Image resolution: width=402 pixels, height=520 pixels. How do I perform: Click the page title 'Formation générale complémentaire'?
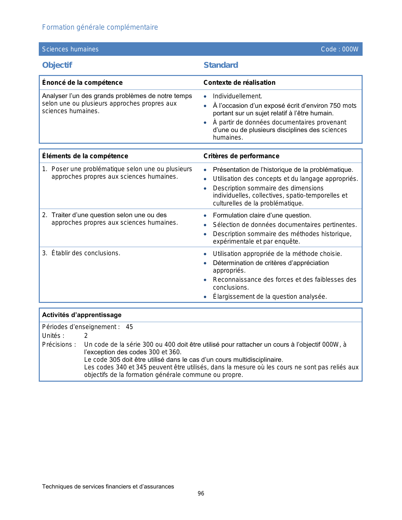tap(100, 27)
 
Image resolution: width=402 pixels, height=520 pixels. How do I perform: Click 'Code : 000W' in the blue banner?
tap(340, 49)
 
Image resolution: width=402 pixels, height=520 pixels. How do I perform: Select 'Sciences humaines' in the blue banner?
tap(70, 49)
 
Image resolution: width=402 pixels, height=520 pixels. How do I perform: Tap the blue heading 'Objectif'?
tap(57, 65)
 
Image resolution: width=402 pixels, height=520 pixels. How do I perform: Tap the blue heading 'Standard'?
tap(221, 65)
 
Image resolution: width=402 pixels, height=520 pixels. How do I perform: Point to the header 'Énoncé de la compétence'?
tap(82, 83)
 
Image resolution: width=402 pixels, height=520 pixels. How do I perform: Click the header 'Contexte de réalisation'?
tap(239, 83)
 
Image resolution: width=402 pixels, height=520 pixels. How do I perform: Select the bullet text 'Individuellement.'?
tap(237, 96)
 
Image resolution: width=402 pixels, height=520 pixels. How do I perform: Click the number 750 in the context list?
tap(335, 106)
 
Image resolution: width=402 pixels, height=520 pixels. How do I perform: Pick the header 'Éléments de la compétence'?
tap(85, 156)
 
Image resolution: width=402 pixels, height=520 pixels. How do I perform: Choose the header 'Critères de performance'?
tap(241, 156)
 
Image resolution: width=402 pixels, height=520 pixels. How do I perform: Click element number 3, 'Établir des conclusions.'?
tap(86, 253)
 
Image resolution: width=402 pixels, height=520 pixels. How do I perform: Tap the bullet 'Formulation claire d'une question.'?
tap(262, 216)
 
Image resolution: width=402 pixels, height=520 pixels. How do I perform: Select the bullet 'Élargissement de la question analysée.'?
tap(270, 297)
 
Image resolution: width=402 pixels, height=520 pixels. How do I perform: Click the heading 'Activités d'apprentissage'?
tap(82, 315)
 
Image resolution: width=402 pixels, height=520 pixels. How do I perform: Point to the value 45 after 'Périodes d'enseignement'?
tap(129, 327)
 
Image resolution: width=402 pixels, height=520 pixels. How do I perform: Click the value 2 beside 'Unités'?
tap(86, 336)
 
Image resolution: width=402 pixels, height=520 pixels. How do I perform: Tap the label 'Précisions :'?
tap(59, 344)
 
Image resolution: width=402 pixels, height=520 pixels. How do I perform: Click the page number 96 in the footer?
tap(201, 494)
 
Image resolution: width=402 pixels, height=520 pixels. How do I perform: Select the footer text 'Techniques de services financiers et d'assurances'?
tap(108, 487)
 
